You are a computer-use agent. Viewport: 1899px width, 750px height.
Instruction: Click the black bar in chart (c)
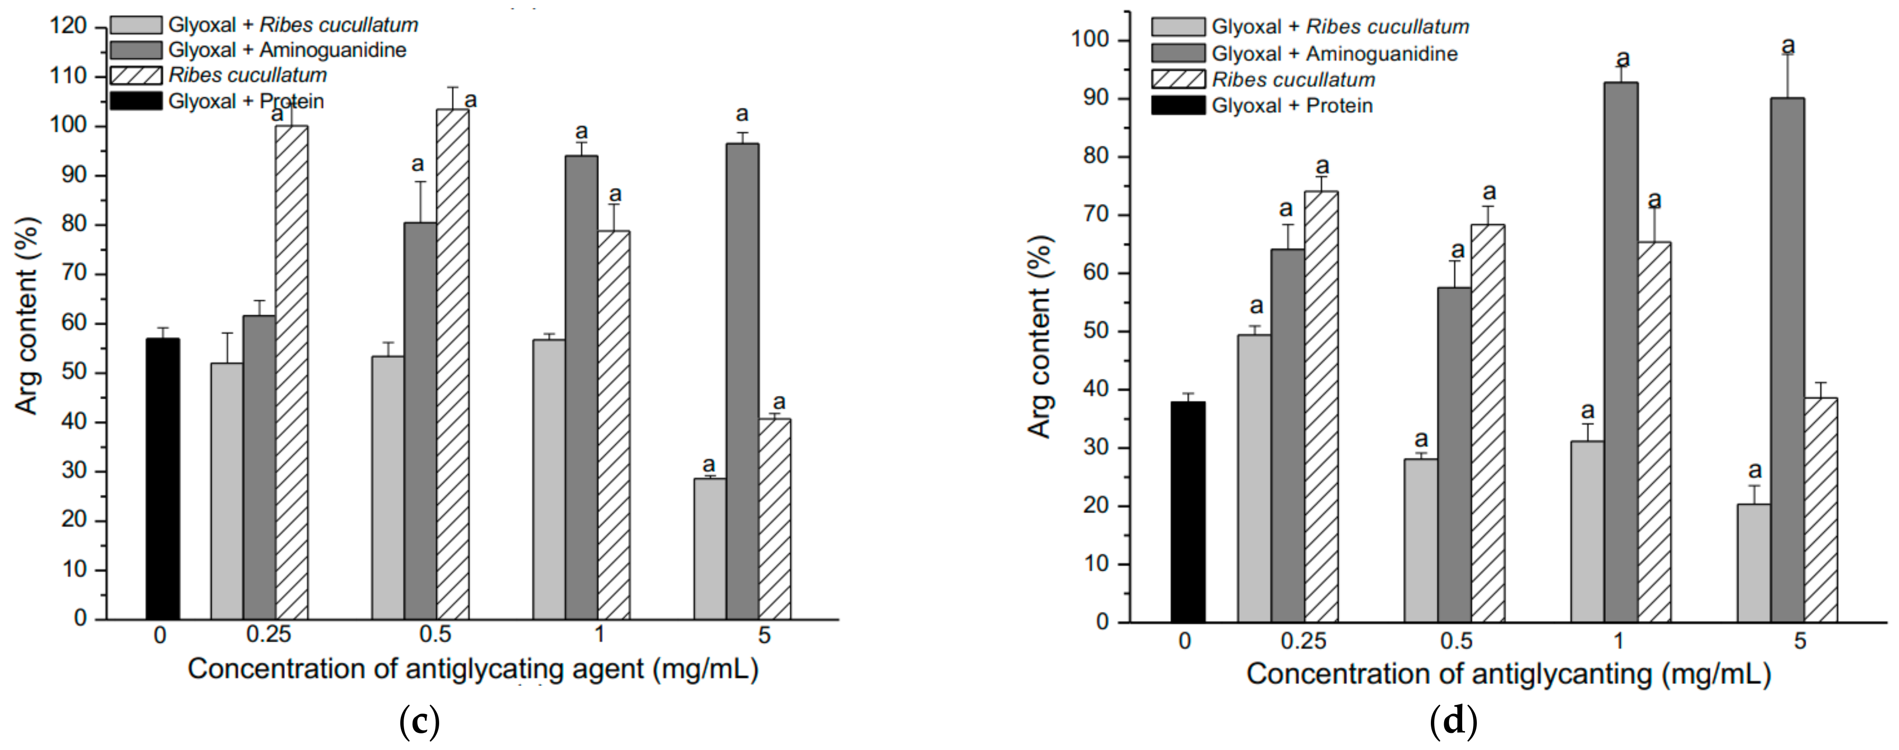pos(162,479)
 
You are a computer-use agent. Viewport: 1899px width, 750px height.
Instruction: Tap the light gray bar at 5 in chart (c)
pos(709,549)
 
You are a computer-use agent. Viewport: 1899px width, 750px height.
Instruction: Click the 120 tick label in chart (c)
pos(68,27)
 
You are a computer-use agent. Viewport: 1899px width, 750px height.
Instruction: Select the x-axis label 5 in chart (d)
pos(1799,641)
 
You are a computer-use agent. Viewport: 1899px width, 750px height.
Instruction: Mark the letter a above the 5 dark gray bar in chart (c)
pos(742,114)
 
